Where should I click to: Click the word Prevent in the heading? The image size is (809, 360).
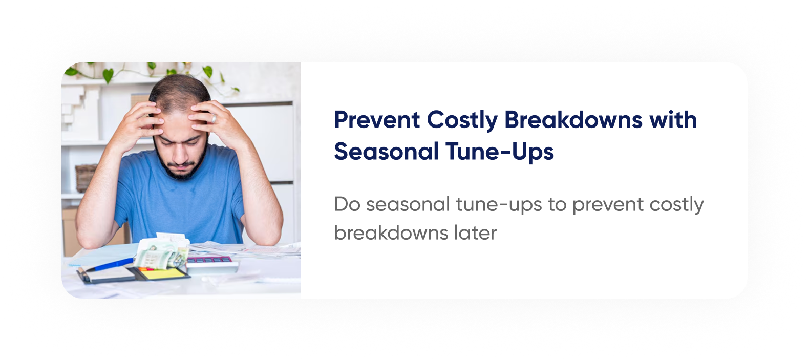[377, 119]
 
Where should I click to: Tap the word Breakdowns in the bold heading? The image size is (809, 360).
[573, 119]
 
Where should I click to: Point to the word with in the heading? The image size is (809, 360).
[673, 119]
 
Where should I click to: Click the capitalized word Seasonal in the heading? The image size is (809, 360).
[386, 151]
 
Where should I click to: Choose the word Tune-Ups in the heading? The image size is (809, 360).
[500, 152]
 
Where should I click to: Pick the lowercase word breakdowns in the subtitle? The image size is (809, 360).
[391, 232]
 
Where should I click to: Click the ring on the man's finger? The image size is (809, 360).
[214, 118]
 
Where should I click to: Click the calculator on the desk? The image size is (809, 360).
[212, 265]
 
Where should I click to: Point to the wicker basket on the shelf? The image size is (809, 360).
[86, 178]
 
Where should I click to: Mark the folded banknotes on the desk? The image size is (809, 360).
[161, 255]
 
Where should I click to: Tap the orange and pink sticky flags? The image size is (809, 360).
[146, 269]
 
